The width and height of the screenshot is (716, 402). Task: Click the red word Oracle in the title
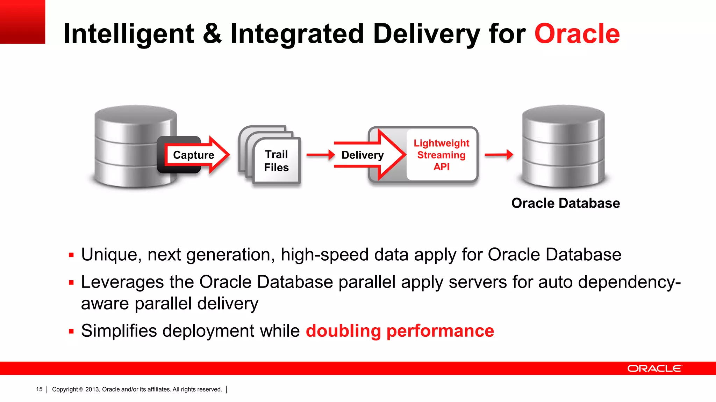577,34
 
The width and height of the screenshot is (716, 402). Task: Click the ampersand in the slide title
212,34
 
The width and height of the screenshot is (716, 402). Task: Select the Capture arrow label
193,155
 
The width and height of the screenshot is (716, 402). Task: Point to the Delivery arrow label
362,155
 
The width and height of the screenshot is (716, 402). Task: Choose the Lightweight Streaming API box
441,155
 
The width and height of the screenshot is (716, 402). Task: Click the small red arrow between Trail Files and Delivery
320,155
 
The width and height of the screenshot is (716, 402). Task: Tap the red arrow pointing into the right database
499,154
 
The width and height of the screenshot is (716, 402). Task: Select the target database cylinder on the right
563,147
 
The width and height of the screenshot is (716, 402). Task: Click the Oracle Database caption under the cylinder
565,203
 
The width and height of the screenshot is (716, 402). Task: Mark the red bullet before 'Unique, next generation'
71,255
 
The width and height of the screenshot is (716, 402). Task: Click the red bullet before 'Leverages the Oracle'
71,282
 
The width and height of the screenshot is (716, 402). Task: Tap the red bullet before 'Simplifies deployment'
71,331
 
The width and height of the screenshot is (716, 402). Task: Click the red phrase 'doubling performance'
400,331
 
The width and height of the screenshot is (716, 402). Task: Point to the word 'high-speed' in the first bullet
324,255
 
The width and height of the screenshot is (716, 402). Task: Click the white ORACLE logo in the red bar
654,368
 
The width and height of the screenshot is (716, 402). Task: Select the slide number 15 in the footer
39,389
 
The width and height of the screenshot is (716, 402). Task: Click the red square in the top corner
22,22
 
